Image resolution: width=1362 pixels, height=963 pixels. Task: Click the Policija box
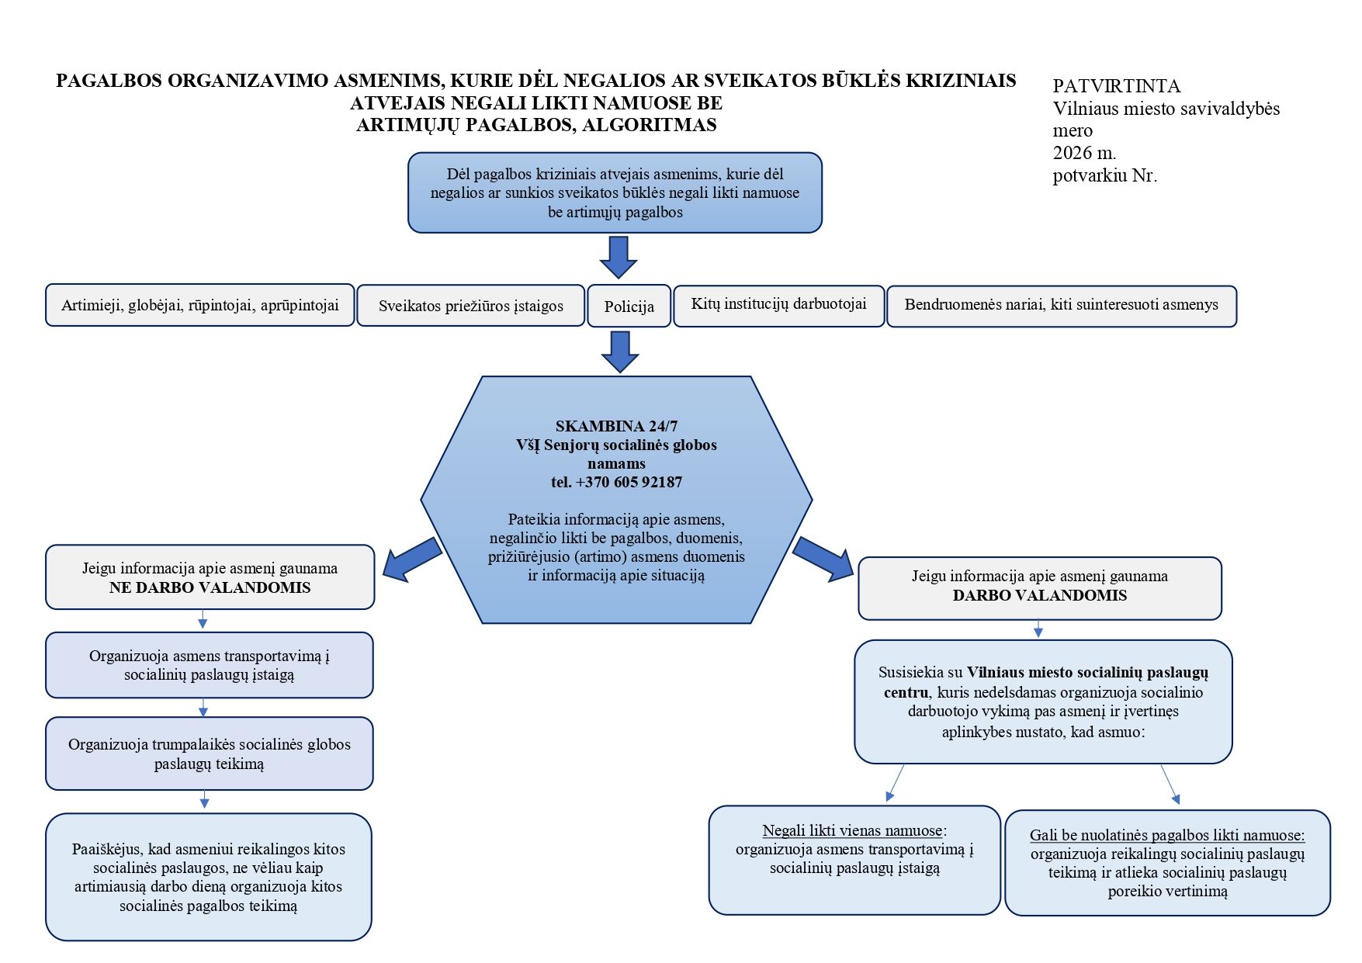(x=629, y=306)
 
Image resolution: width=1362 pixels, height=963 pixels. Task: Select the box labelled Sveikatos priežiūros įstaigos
(x=470, y=305)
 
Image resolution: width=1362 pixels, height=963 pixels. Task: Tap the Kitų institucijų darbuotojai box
(x=779, y=305)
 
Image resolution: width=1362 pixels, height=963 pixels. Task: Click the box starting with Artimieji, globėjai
(x=200, y=304)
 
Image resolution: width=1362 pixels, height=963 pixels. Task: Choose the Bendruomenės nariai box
(x=1062, y=306)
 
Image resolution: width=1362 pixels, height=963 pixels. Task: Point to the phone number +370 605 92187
(x=629, y=482)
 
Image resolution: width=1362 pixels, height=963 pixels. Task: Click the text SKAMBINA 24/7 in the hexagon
(x=616, y=426)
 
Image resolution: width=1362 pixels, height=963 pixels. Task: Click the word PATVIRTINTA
(x=1117, y=86)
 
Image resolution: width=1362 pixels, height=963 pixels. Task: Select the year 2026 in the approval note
(x=1073, y=152)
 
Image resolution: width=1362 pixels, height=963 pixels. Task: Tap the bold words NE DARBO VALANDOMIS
(x=210, y=587)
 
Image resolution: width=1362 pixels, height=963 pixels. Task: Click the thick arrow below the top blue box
(x=619, y=257)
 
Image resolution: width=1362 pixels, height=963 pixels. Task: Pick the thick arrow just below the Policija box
(x=620, y=352)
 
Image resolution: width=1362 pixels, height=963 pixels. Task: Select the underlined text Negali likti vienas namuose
(x=852, y=831)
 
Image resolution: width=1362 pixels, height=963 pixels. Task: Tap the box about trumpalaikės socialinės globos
(x=210, y=753)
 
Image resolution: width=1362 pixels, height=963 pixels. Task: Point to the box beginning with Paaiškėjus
(x=209, y=877)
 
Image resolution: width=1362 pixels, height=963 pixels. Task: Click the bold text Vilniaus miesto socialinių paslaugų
(x=1087, y=673)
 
